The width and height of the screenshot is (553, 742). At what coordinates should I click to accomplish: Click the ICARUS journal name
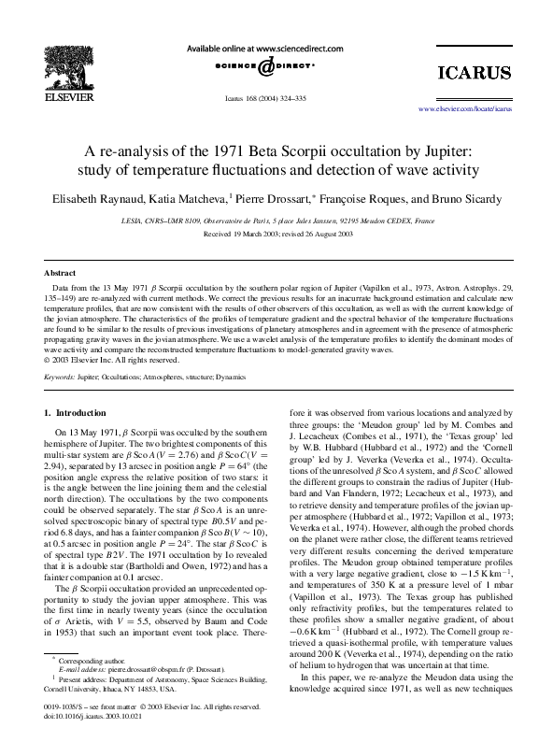point(475,73)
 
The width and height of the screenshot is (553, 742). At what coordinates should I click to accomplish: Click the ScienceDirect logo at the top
point(265,66)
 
